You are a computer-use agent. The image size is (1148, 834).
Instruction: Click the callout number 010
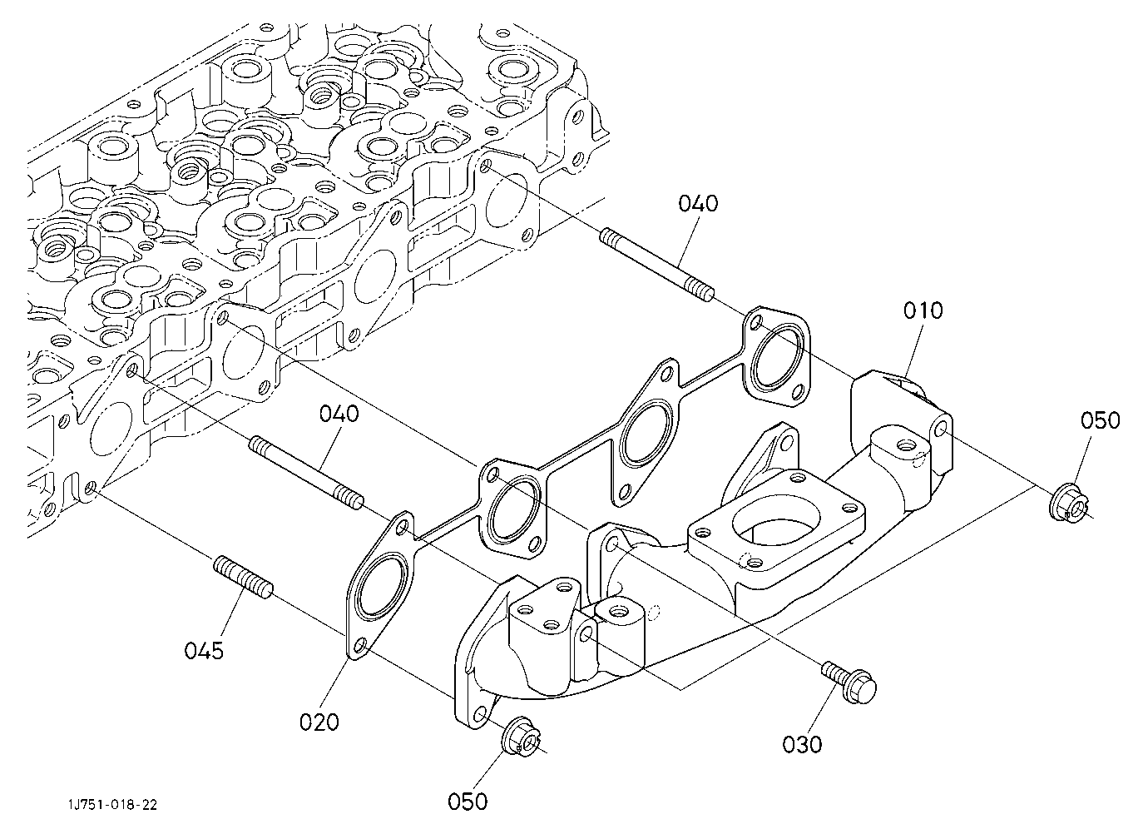coord(923,310)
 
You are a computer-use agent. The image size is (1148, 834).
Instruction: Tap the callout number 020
coord(319,722)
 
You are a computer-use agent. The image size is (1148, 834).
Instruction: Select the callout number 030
coord(802,744)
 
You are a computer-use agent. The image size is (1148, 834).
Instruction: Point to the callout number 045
coord(204,651)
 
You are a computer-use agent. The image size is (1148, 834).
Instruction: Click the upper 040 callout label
coord(698,204)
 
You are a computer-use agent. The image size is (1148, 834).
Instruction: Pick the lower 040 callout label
coord(339,414)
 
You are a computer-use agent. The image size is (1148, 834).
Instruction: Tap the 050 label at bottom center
coord(468,802)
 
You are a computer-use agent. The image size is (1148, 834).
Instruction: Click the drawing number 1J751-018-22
coord(113,805)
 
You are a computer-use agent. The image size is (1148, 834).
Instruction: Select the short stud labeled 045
coord(243,578)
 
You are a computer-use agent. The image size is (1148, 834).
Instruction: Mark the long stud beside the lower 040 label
coord(306,473)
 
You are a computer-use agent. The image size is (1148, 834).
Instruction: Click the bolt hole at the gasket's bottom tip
coord(361,644)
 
